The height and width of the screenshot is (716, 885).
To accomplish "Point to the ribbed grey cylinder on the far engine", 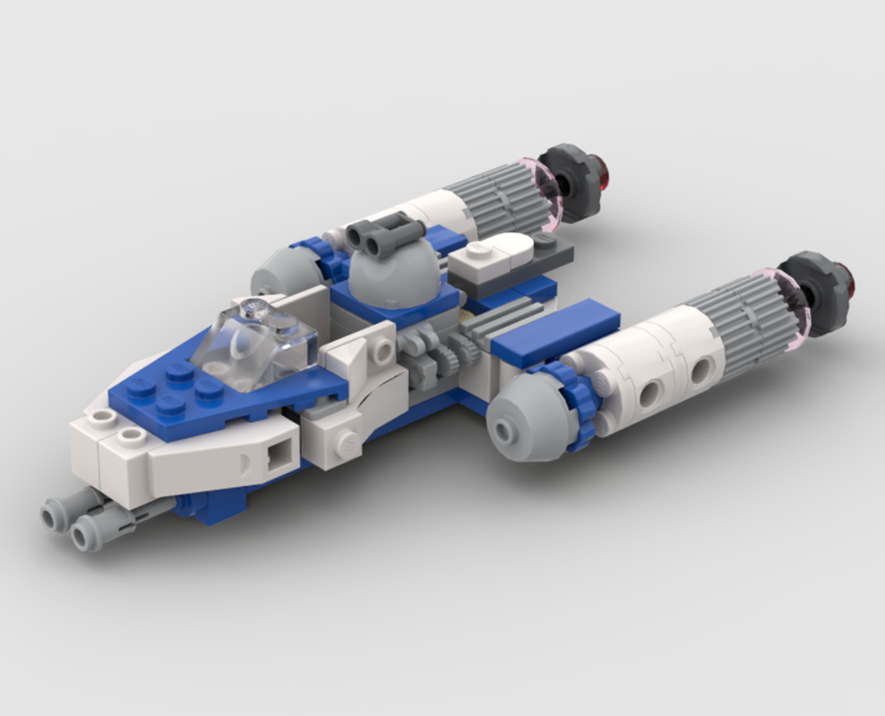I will pyautogui.click(x=502, y=197).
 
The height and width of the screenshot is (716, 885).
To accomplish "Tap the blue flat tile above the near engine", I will pyautogui.click(x=555, y=332).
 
